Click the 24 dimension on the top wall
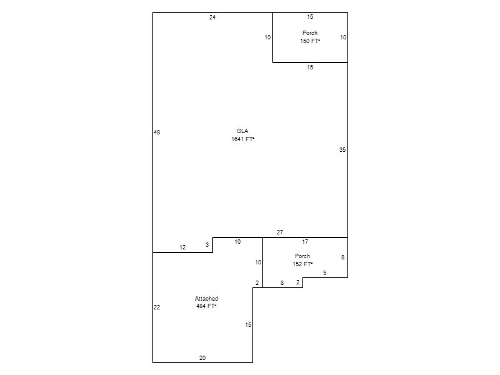coord(212,17)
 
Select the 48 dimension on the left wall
coord(157,132)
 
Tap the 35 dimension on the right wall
coord(342,149)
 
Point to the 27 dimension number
coord(279,232)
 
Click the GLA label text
coord(242,131)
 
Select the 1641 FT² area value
coord(242,139)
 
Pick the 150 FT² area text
coord(310,41)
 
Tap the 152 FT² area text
coord(302,264)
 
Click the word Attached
coord(206,299)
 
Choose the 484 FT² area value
coord(206,306)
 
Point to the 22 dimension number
coord(157,307)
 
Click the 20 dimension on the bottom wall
coord(202,357)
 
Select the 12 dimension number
coord(182,247)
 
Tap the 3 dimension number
coord(207,244)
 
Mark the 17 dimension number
coord(305,241)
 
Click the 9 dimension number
coord(324,272)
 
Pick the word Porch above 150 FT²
coord(310,32)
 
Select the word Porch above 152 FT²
coord(302,256)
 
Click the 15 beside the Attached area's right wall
coord(248,324)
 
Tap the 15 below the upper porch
coord(310,67)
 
